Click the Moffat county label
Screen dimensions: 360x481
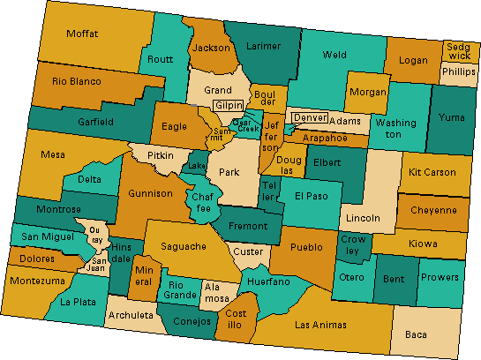tap(81, 34)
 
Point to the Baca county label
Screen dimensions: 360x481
tap(415, 334)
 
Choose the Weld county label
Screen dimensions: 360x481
tap(334, 54)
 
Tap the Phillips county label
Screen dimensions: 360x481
tap(458, 71)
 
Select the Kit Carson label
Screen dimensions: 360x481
tap(434, 171)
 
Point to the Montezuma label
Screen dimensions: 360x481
tap(37, 281)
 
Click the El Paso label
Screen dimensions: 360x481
tap(312, 196)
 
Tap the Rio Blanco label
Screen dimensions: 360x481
tap(77, 81)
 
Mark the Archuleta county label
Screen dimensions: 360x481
tap(131, 315)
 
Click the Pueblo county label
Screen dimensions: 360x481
tap(306, 248)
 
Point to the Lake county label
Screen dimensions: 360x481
tap(197, 166)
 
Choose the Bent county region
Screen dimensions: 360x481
tap(395, 278)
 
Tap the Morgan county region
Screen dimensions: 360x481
tap(367, 92)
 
